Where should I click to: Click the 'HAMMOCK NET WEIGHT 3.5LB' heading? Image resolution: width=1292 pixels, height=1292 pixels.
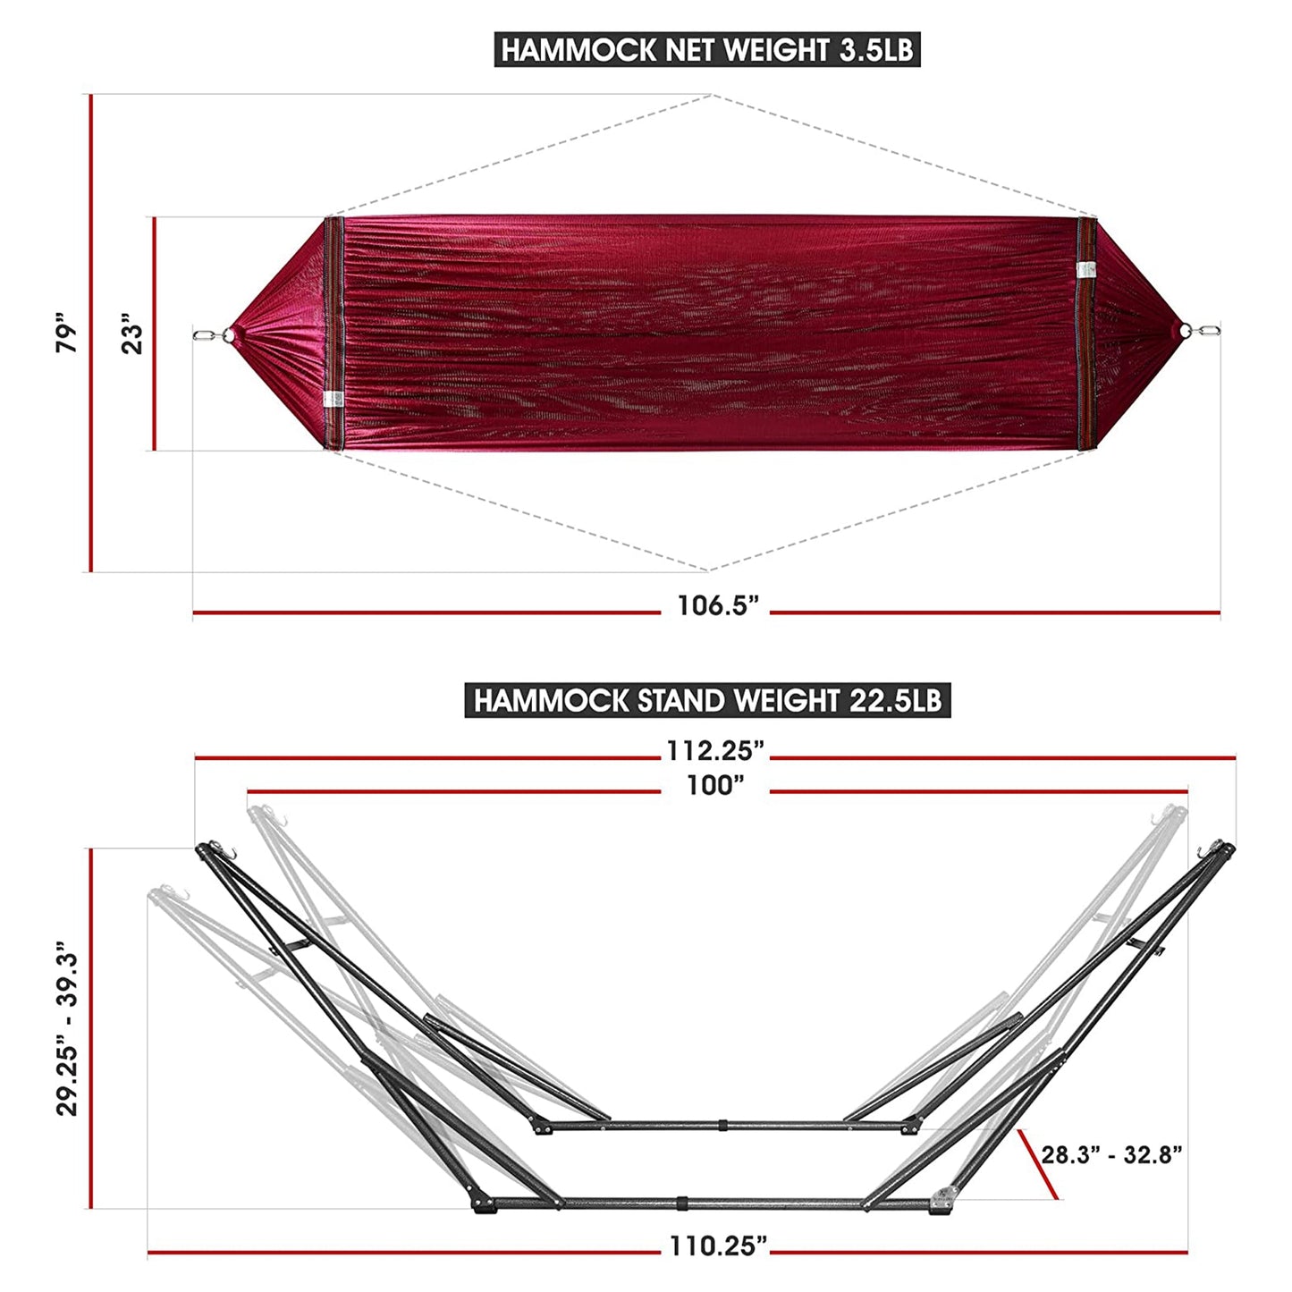[x=706, y=50]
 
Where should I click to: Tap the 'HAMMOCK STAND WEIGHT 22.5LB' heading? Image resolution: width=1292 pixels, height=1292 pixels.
[x=706, y=700]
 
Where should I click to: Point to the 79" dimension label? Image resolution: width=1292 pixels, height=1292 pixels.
[x=68, y=333]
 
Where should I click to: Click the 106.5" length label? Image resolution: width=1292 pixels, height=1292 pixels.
[x=717, y=606]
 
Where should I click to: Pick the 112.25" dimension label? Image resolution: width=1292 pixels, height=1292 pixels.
[x=715, y=751]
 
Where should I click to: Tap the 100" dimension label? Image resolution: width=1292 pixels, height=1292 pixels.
[x=715, y=786]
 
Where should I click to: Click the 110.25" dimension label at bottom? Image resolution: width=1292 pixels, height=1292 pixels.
[x=718, y=1246]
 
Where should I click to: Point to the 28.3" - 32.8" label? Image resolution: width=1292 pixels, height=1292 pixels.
[x=1111, y=1154]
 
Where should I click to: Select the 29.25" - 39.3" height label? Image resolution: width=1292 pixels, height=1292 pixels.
[x=68, y=1028]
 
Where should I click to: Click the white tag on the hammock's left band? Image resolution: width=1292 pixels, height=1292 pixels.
[x=334, y=400]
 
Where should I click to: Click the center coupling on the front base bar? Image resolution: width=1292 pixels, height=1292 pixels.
[x=682, y=1203]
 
